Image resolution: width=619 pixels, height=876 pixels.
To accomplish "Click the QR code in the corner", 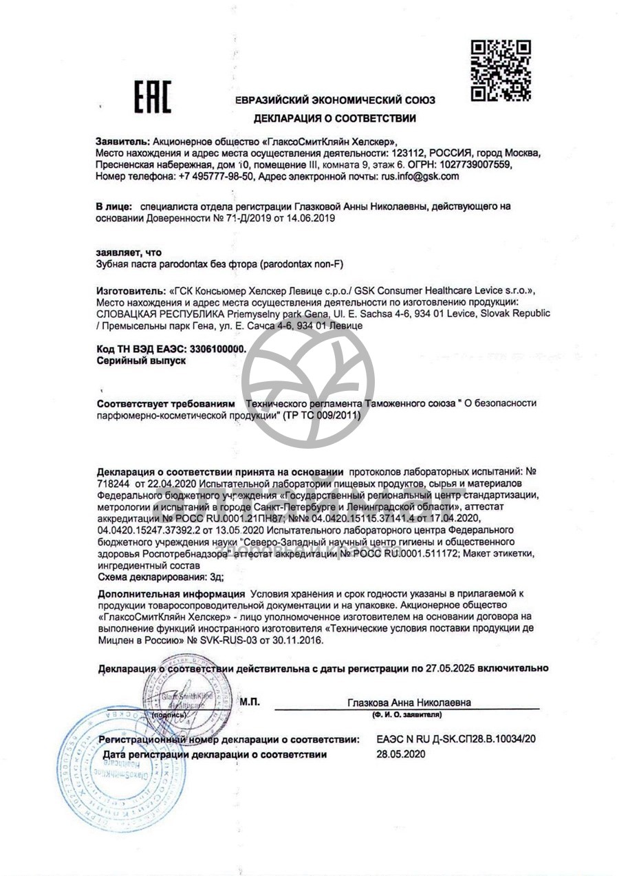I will tap(501, 71).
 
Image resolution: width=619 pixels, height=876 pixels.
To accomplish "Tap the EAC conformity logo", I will tap(152, 97).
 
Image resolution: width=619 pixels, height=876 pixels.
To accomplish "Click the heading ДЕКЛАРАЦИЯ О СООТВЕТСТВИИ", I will tap(335, 118).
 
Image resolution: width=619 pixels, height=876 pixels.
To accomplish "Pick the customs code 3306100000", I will tap(215, 350).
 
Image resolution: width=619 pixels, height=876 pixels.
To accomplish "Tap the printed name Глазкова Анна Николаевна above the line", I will tap(409, 703).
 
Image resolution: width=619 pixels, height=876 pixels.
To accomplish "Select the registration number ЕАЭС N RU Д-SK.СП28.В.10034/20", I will tap(456, 739).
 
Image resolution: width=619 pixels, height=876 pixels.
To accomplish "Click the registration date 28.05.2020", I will tap(401, 754).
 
